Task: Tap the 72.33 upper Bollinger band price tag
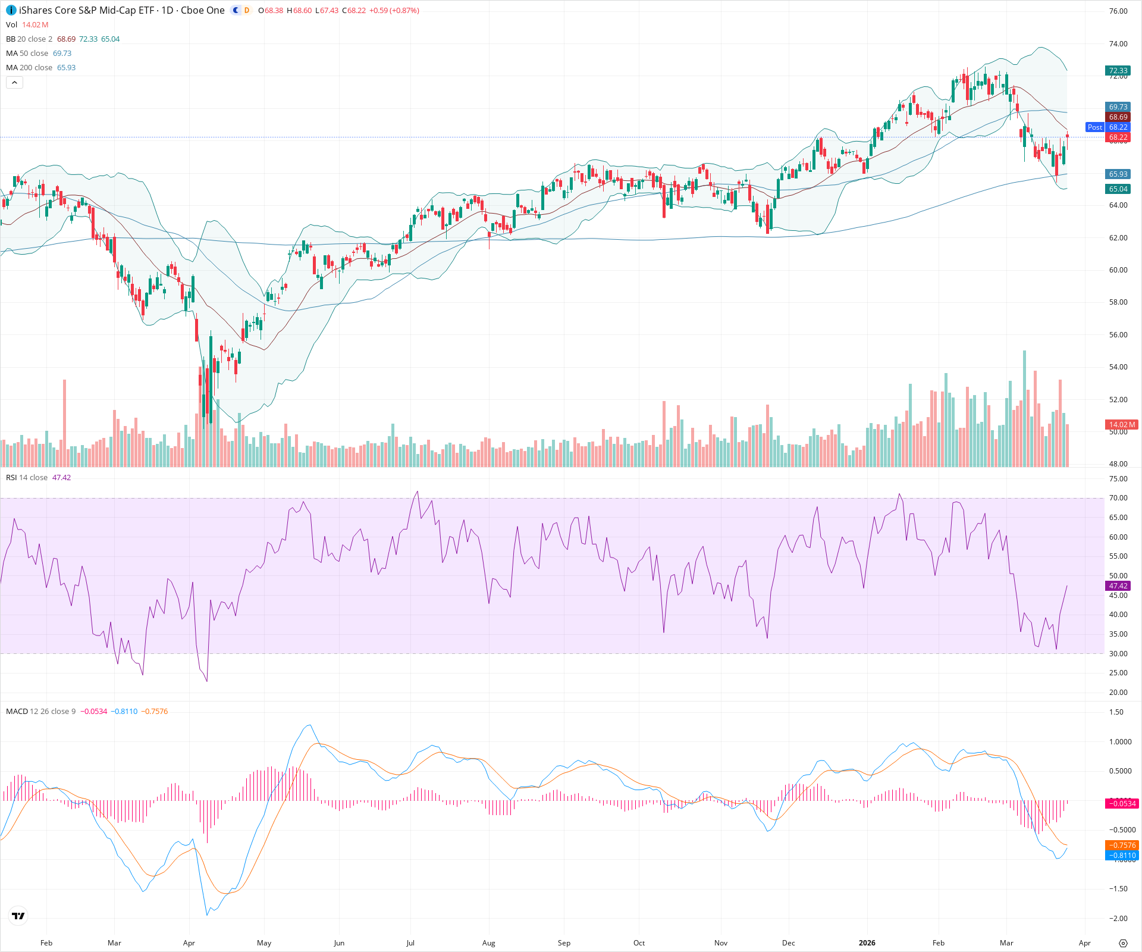click(x=1118, y=70)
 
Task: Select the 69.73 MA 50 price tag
click(x=1118, y=107)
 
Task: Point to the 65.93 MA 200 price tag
click(x=1118, y=174)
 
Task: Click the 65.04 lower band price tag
click(x=1118, y=189)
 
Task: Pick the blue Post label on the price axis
click(x=1094, y=127)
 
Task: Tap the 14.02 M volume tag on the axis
click(x=1121, y=425)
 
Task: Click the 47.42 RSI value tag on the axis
click(x=1118, y=586)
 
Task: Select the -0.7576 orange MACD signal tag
click(x=1121, y=845)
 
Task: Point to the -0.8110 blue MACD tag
click(x=1121, y=856)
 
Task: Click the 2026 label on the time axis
click(x=867, y=943)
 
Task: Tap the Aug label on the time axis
click(x=488, y=943)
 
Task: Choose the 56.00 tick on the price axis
click(x=1118, y=335)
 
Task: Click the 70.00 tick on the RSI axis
click(x=1118, y=498)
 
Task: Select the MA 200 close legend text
click(x=29, y=68)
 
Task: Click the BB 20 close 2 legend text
click(x=29, y=39)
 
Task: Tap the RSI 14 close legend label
click(x=27, y=478)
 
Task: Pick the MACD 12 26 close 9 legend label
click(x=40, y=712)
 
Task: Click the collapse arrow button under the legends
click(x=14, y=83)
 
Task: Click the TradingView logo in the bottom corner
click(x=18, y=916)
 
